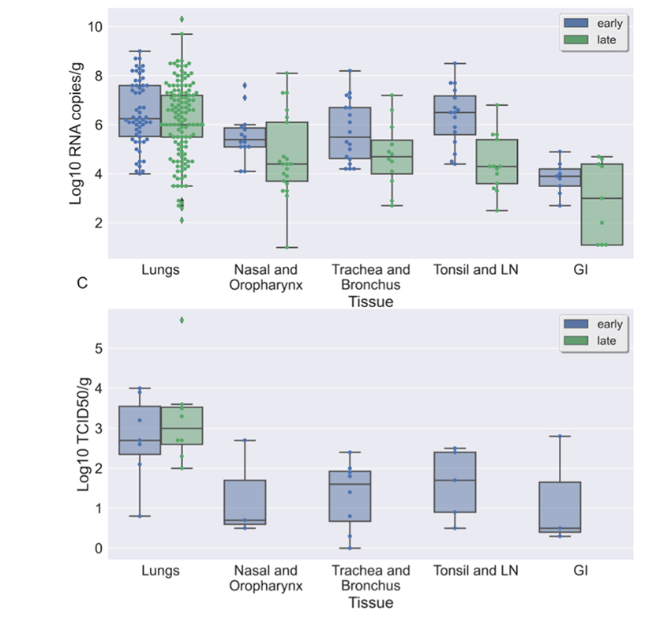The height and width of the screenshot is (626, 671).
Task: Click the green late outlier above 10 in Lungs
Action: pyautogui.click(x=182, y=19)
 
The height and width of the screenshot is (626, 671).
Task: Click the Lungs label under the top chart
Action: pyautogui.click(x=161, y=269)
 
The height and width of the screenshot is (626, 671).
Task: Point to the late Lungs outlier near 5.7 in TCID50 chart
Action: pyautogui.click(x=182, y=320)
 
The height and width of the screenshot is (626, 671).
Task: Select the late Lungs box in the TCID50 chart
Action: pyautogui.click(x=182, y=425)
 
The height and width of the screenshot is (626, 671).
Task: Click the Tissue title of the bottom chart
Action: pyautogui.click(x=370, y=602)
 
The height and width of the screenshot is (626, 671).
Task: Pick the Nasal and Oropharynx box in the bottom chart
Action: pyautogui.click(x=244, y=502)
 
